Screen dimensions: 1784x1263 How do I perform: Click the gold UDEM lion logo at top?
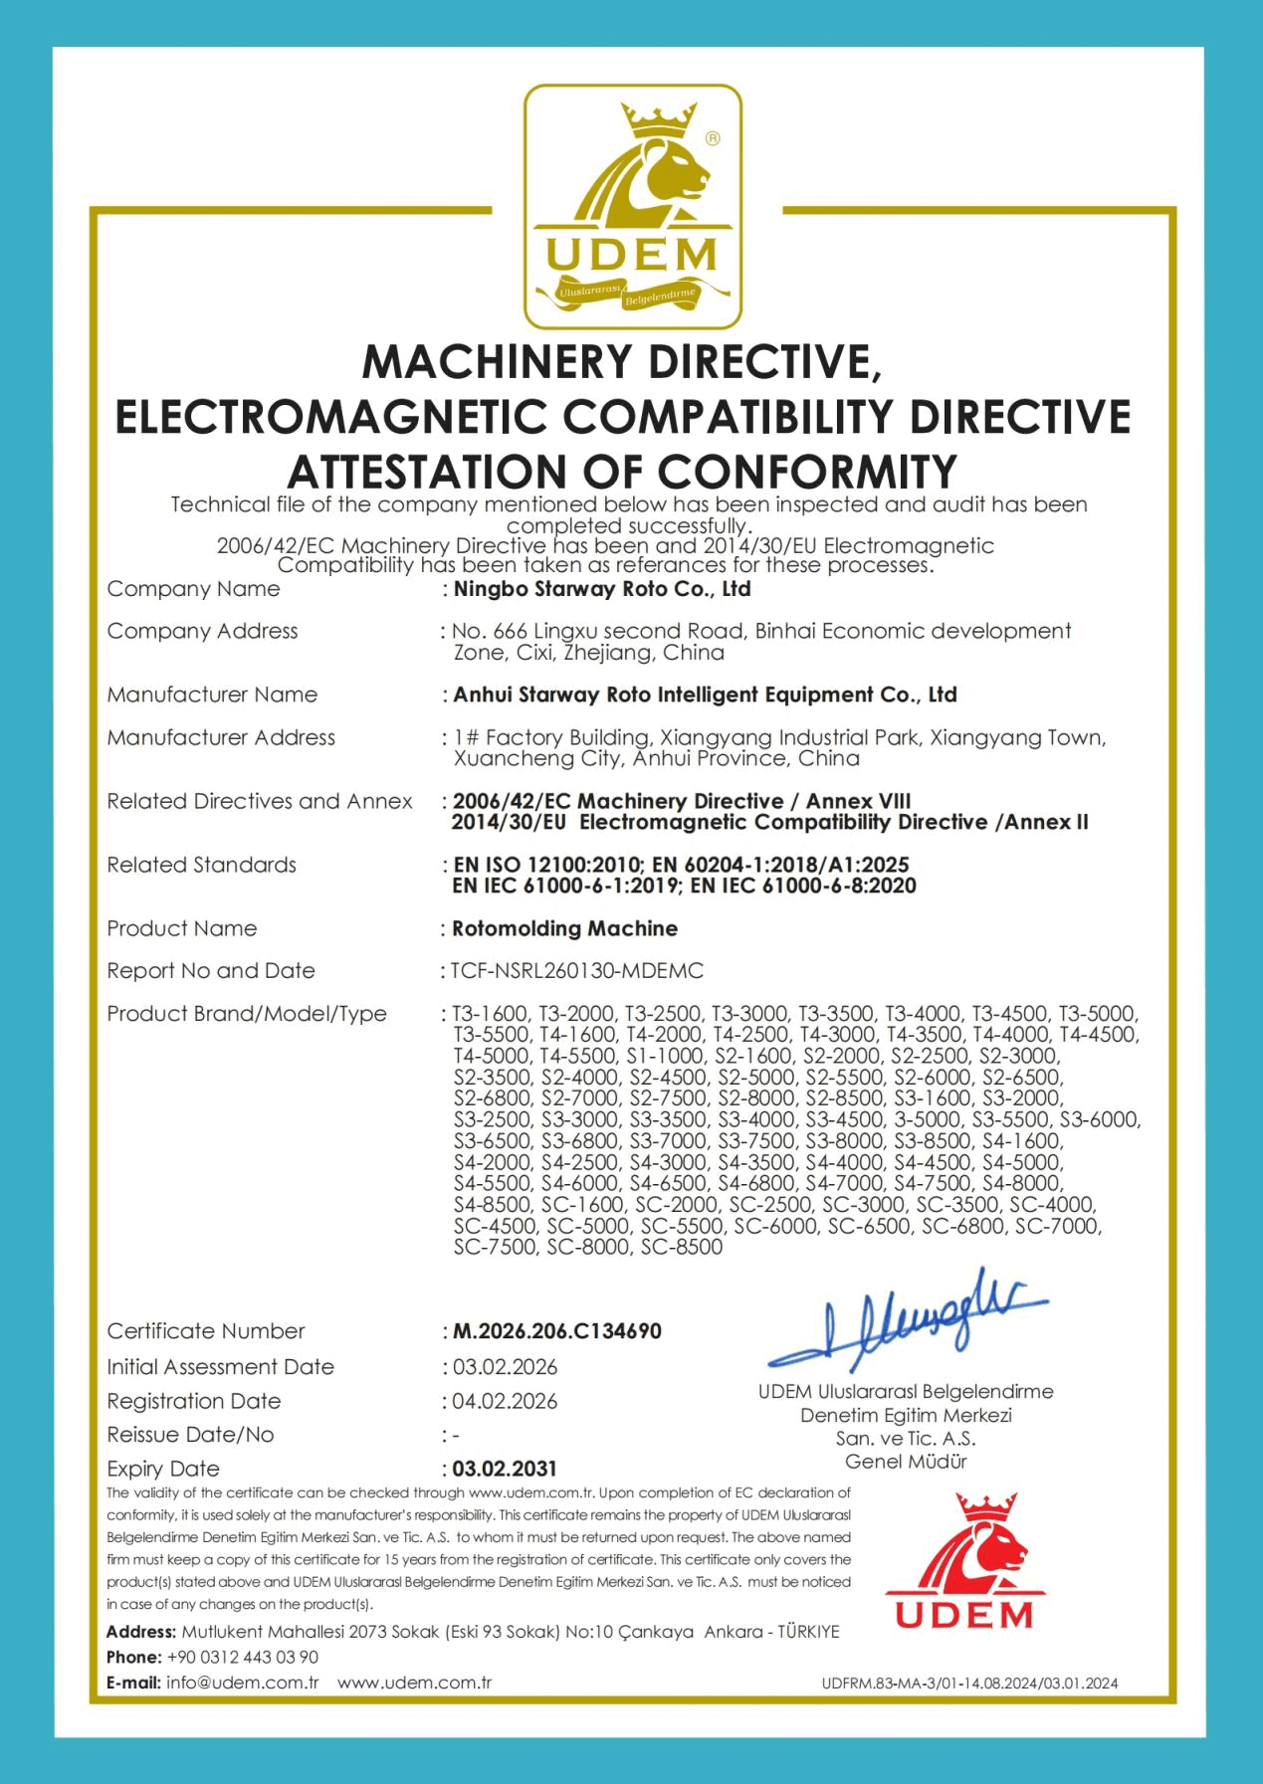[633, 207]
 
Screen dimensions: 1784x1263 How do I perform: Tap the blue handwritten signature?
[908, 1319]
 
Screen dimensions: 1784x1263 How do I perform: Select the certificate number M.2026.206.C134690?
[557, 1331]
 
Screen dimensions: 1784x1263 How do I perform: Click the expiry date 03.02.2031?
[505, 1469]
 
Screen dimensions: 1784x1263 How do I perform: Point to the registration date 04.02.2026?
[505, 1401]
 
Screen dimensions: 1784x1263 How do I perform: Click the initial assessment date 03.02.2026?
[505, 1367]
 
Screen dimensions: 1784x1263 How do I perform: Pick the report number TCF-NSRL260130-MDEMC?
[577, 971]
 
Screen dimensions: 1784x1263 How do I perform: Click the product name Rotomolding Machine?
[565, 929]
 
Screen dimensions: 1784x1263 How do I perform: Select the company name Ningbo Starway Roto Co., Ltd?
[602, 589]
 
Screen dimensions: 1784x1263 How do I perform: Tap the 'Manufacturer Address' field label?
[221, 737]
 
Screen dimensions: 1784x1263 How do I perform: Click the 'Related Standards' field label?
[202, 865]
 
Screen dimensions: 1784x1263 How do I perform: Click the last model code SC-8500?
[682, 1247]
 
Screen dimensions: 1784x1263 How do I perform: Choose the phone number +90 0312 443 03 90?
[243, 1657]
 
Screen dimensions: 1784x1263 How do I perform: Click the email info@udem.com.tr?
[243, 1683]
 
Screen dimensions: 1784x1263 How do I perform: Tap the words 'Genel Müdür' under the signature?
[906, 1462]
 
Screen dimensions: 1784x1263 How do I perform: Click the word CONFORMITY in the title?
[807, 471]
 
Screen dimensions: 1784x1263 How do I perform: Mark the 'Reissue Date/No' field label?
[190, 1435]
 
